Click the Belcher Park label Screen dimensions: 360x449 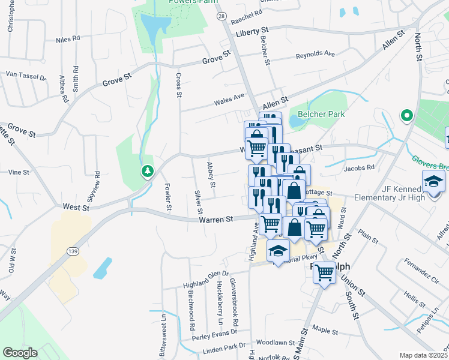315,113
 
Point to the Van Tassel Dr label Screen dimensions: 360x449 25,77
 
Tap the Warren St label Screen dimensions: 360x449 216,220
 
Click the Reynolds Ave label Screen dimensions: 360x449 315,54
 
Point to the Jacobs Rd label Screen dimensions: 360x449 359,168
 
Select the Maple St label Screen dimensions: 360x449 327,331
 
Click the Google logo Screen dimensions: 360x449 20,353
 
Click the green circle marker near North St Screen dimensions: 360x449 406,115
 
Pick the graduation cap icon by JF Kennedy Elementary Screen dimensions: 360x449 433,181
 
